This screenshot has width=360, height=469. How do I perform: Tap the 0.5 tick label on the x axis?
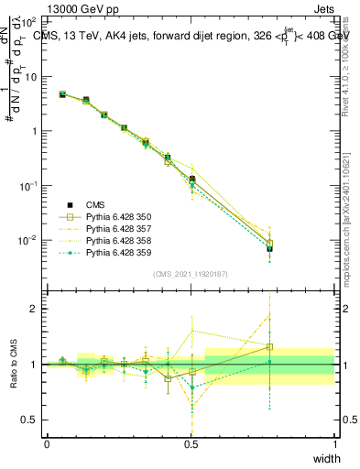191,444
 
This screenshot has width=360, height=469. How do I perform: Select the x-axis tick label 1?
334,444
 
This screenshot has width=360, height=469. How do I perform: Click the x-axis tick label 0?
47,444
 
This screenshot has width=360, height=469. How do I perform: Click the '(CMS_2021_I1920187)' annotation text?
191,274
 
